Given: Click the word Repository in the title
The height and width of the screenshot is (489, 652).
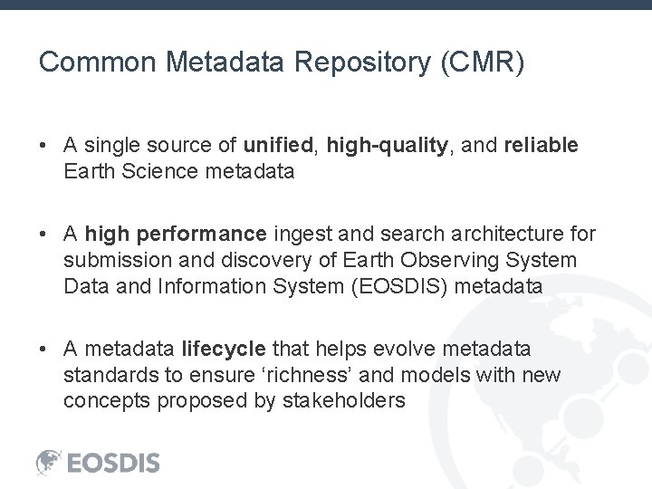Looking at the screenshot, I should coord(357,62).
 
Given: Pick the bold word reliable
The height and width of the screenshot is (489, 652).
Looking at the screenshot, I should coord(541,145).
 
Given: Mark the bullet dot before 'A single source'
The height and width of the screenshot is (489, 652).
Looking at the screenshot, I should coord(43,145).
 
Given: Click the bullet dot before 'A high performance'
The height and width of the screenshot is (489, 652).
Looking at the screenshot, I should coord(43,235).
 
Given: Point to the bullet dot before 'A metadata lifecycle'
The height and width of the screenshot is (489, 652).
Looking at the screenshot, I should coord(43,349).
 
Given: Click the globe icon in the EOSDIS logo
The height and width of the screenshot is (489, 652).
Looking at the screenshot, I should coord(49,462).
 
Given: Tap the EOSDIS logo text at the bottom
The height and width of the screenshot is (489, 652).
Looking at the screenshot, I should coord(113,463).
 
